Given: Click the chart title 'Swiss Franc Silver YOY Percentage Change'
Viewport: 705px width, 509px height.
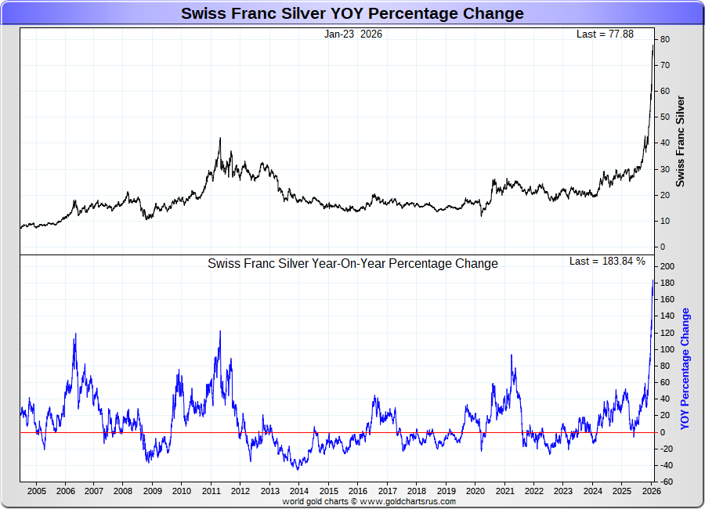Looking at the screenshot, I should coord(352,13).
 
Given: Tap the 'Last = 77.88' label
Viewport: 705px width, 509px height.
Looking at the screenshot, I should coord(604,34).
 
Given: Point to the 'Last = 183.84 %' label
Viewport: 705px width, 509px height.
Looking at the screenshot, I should coord(607,261).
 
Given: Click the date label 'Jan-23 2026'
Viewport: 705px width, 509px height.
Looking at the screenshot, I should coord(352,34).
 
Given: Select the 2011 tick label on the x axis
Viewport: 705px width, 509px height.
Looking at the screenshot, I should coord(211,491).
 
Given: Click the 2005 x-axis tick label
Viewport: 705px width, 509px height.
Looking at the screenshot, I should coord(36,491).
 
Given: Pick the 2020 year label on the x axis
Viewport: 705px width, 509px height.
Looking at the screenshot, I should coord(475,491).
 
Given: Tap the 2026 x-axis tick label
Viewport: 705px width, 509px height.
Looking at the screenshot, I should coord(650,491).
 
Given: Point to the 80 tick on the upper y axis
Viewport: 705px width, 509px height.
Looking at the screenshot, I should coord(663,39).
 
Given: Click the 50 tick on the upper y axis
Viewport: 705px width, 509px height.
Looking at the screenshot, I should coord(663,117).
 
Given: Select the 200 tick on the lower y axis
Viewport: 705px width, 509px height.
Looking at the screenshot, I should coord(666,267).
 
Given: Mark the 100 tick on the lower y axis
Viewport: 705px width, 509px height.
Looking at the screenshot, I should coord(666,349).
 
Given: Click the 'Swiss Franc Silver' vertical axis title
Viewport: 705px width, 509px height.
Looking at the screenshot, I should coord(680,141).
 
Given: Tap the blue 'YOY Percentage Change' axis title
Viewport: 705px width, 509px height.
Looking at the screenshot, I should coord(685,368).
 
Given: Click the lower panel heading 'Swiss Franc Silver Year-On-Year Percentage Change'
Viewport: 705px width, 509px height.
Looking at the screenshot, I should coord(352,264).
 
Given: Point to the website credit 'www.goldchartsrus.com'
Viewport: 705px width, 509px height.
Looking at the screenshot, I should coord(407,501).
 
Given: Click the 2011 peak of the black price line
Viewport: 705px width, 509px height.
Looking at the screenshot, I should coord(220,139).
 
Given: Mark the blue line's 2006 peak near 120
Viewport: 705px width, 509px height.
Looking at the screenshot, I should coord(75,334).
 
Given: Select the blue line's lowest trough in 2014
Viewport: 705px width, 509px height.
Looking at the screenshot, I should coord(297,469).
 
